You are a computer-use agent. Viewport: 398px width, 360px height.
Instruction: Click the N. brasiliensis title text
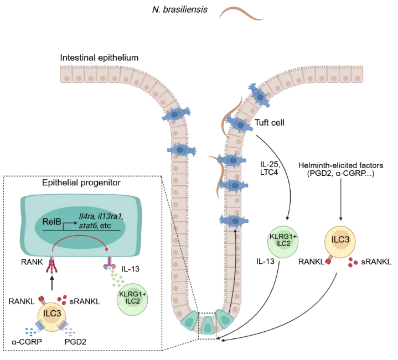pyautogui.click(x=180, y=10)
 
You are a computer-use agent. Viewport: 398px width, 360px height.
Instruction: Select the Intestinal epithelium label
pyautogui.click(x=99, y=58)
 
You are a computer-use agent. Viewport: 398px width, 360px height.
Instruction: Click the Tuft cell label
pyautogui.click(x=270, y=122)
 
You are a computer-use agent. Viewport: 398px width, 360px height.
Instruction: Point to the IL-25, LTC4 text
pyautogui.click(x=270, y=168)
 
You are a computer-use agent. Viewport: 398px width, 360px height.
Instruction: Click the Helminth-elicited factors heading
pyautogui.click(x=339, y=169)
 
